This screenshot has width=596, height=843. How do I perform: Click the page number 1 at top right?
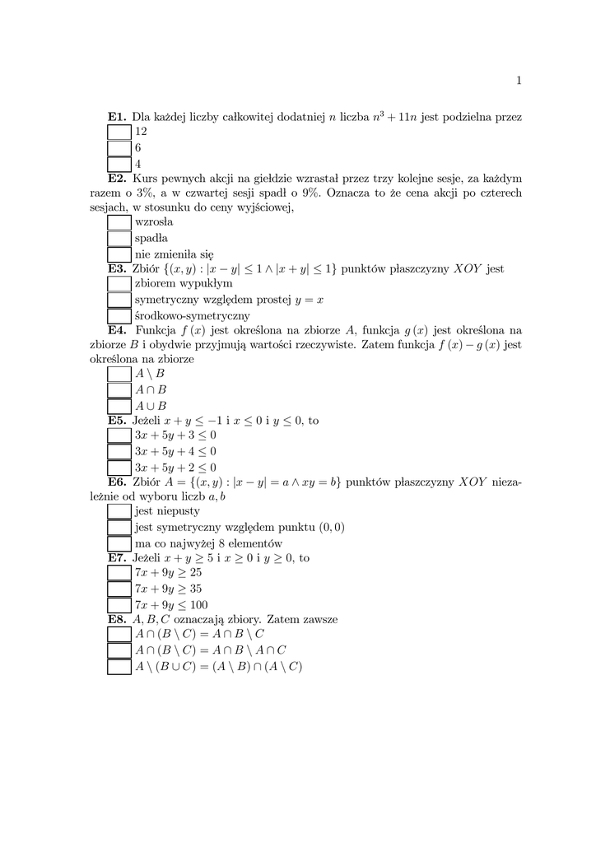click(x=519, y=80)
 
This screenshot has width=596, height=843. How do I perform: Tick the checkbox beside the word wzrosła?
click(x=119, y=222)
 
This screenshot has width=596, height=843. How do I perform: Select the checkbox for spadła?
click(x=119, y=238)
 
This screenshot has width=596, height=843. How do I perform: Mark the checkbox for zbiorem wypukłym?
click(x=119, y=284)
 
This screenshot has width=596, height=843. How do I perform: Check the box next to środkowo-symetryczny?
click(x=119, y=316)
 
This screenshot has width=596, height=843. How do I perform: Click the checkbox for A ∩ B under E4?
click(x=119, y=389)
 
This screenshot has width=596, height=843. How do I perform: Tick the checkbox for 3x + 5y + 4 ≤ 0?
click(x=119, y=451)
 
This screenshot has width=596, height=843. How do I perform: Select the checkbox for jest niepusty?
click(x=119, y=511)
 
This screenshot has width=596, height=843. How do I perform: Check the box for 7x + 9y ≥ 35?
click(x=119, y=589)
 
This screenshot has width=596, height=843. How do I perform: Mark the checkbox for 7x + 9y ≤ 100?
click(x=119, y=605)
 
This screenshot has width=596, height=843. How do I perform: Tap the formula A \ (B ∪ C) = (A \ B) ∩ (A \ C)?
click(x=218, y=666)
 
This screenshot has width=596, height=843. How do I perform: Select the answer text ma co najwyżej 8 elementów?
click(x=208, y=543)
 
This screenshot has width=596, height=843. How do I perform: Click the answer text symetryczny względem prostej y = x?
click(x=229, y=300)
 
